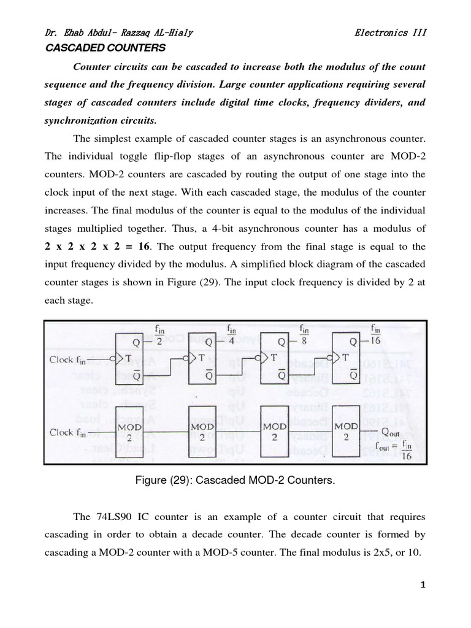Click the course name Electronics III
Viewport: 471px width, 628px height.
click(x=390, y=33)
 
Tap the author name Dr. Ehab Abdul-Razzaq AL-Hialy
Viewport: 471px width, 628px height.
click(x=120, y=33)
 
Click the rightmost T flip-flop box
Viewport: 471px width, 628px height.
click(x=347, y=358)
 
